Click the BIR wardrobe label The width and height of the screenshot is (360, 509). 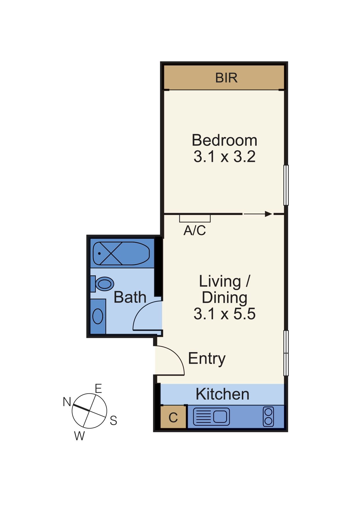(226, 78)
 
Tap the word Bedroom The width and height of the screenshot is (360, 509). (224, 140)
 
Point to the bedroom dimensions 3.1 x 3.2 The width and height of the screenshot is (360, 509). (224, 157)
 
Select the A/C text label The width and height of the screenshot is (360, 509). (195, 230)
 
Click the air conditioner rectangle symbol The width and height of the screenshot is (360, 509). (195, 218)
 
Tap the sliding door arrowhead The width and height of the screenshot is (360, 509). (269, 214)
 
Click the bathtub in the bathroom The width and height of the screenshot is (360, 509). (121, 253)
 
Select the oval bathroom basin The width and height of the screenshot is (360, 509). (98, 316)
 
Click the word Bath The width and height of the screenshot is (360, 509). (130, 297)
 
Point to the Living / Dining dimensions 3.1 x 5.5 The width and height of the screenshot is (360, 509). (224, 314)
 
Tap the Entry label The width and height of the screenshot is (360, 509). (207, 359)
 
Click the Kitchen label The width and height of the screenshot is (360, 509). (222, 394)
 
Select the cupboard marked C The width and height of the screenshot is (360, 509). (173, 417)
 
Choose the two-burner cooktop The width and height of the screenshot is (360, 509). (268, 417)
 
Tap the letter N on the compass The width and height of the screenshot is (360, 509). (67, 402)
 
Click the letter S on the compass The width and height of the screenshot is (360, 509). (113, 420)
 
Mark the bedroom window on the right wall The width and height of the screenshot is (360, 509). (286, 185)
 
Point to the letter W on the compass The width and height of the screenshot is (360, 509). (79, 436)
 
